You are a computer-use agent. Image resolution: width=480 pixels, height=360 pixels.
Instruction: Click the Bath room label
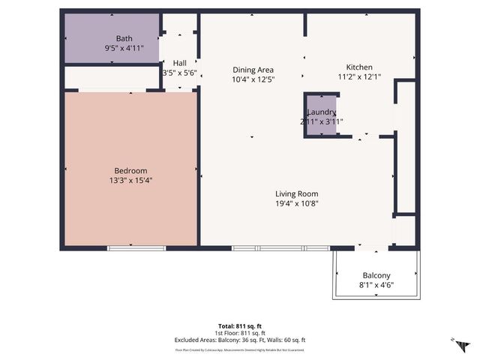[124, 38]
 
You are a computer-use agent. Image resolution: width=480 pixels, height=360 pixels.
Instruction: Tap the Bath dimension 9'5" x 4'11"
[124, 48]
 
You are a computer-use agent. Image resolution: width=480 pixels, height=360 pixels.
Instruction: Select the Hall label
[179, 63]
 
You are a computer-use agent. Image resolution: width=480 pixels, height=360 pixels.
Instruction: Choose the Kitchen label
[358, 67]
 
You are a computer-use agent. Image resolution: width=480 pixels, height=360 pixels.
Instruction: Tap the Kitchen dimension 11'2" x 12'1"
[358, 76]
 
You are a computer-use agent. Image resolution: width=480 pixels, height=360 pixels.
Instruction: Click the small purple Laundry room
[320, 115]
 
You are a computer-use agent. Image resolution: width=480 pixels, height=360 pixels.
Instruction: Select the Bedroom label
[130, 170]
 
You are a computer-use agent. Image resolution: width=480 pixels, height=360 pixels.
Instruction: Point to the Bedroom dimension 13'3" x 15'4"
[130, 180]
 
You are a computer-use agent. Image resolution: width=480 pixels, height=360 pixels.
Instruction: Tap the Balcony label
[376, 274]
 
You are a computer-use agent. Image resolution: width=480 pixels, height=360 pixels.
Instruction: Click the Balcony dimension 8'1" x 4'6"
[376, 284]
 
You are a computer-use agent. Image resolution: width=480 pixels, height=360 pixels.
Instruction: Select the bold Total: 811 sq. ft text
[240, 325]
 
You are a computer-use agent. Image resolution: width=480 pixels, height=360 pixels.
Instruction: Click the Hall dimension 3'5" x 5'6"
[179, 73]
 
